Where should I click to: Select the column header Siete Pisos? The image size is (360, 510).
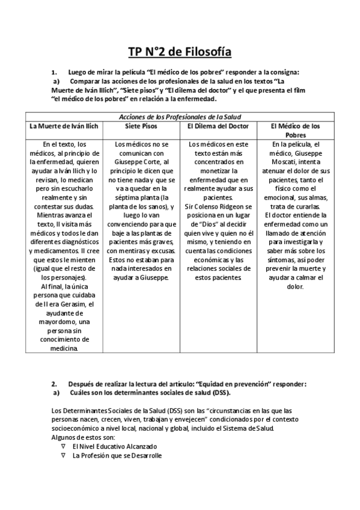pyautogui.click(x=142, y=126)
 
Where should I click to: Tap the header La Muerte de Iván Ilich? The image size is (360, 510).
pyautogui.click(x=66, y=126)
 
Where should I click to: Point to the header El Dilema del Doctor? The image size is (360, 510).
pyautogui.click(x=219, y=126)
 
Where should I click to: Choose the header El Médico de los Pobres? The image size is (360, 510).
pyautogui.click(x=295, y=131)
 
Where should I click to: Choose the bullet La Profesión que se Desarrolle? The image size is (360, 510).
pyautogui.click(x=117, y=456)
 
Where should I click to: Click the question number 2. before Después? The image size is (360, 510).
pyautogui.click(x=54, y=383)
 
